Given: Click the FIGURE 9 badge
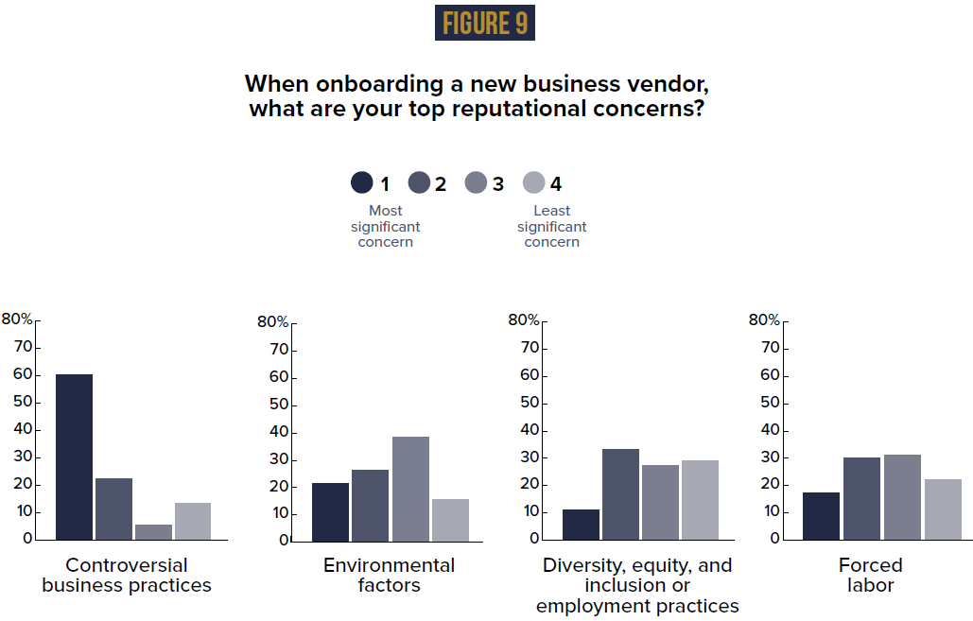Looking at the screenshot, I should (x=484, y=24).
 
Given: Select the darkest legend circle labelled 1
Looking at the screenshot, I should (x=361, y=183).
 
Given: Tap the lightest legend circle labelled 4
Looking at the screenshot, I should (x=534, y=183).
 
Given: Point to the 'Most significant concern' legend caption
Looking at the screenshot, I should (x=385, y=227).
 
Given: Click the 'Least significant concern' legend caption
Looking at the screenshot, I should (x=551, y=227).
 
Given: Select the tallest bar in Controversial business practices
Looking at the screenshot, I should (x=74, y=457).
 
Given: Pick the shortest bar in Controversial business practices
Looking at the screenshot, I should (x=153, y=531).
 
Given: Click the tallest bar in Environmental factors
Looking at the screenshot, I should (x=410, y=488).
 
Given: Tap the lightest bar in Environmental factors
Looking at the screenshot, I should (x=450, y=519).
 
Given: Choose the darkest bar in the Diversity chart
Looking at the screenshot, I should (x=582, y=524).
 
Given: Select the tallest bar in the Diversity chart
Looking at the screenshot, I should (x=621, y=493).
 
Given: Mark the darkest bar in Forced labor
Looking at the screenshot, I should (x=821, y=515).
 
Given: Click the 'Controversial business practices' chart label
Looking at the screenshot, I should (x=127, y=576).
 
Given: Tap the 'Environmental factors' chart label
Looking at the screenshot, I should (x=389, y=576).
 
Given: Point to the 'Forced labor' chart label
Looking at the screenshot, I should (x=870, y=576).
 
